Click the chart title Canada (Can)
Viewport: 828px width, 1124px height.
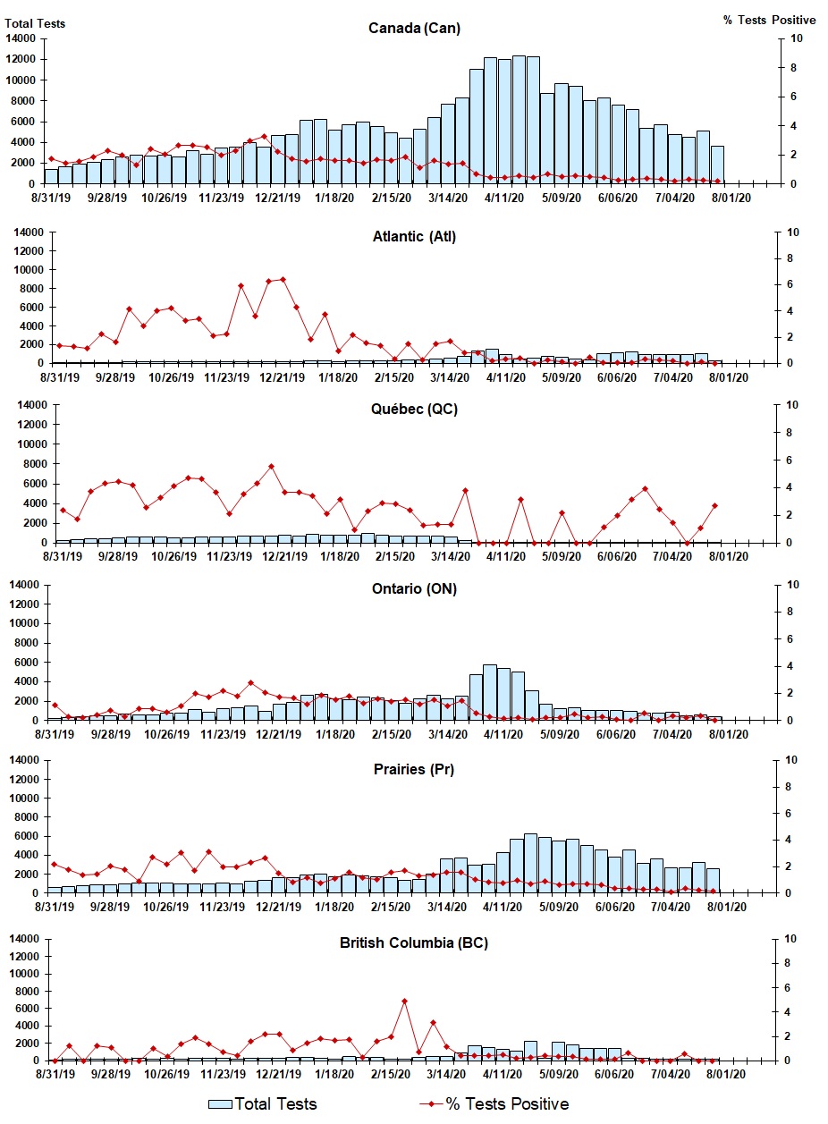click(x=414, y=29)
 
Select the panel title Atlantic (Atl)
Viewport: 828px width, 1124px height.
click(x=414, y=237)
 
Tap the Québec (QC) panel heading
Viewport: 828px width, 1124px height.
click(x=414, y=409)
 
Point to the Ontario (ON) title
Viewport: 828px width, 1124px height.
click(x=414, y=589)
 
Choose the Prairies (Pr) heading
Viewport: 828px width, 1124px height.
click(x=414, y=769)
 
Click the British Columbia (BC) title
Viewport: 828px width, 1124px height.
click(x=414, y=942)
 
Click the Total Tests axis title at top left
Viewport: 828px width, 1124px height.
click(x=36, y=23)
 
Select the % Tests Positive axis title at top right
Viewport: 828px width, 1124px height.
click(x=769, y=20)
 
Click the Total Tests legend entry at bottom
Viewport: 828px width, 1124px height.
click(x=263, y=1103)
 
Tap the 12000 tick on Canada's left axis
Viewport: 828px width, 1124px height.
click(x=21, y=59)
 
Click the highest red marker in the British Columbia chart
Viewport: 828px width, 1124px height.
click(x=404, y=1001)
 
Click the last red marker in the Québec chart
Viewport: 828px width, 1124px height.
click(x=714, y=505)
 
